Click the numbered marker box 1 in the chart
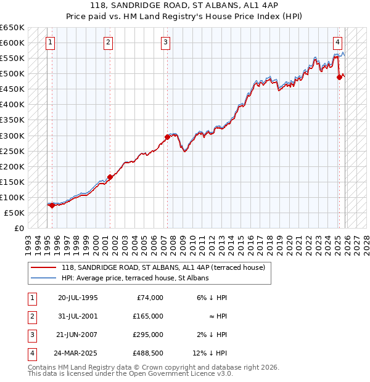pyautogui.click(x=50, y=43)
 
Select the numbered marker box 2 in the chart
pyautogui.click(x=108, y=43)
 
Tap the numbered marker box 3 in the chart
pyautogui.click(x=166, y=43)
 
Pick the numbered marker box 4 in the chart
pyautogui.click(x=338, y=43)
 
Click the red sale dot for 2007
pyautogui.click(x=167, y=137)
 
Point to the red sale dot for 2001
pyautogui.click(x=110, y=177)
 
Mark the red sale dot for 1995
pyautogui.click(x=52, y=205)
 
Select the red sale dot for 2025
pyautogui.click(x=339, y=77)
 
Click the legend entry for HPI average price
pyautogui.click(x=135, y=278)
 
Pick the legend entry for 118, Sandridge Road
pyautogui.click(x=163, y=267)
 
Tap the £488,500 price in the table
pyautogui.click(x=148, y=353)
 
